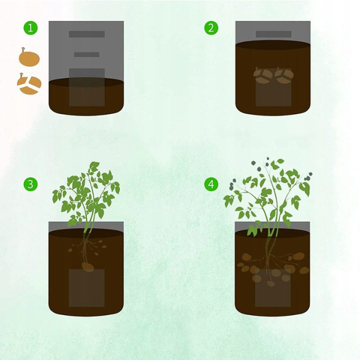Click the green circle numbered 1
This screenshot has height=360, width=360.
[x=31, y=28]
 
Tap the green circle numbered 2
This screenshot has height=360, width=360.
[x=211, y=28]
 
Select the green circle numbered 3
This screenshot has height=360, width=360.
[x=31, y=184]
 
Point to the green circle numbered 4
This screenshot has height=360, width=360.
[x=211, y=184]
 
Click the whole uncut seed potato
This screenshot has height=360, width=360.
[x=29, y=58]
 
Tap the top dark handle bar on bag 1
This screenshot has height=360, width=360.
[x=87, y=34]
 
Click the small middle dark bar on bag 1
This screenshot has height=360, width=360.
[x=87, y=55]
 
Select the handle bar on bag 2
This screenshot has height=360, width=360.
[x=274, y=34]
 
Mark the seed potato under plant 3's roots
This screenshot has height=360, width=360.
[x=88, y=267]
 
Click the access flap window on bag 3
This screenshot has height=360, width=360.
[x=86, y=288]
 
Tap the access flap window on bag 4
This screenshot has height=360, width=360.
[x=273, y=288]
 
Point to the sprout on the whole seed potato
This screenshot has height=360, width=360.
[x=23, y=50]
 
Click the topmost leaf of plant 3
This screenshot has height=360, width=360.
[x=94, y=166]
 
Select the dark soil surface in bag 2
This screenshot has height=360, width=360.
[x=273, y=45]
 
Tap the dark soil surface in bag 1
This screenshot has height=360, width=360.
[x=86, y=82]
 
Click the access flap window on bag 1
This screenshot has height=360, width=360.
[x=87, y=87]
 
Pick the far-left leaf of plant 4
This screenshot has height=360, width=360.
[x=229, y=200]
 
